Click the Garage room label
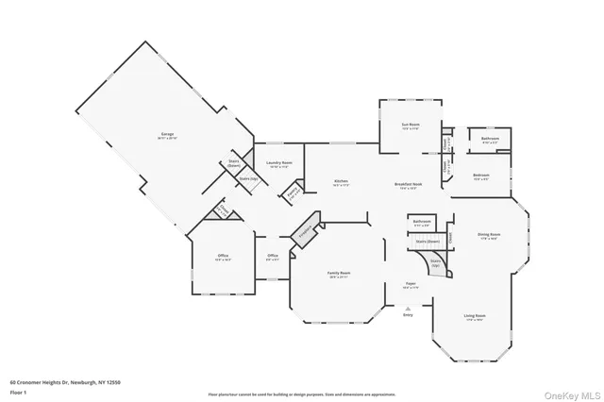click(x=166, y=137)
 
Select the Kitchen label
click(x=342, y=183)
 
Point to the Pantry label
click(x=293, y=195)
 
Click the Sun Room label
click(x=411, y=126)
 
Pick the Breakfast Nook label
click(x=408, y=186)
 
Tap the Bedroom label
click(x=480, y=176)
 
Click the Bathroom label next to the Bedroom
click(x=490, y=140)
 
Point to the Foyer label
click(x=411, y=284)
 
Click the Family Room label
click(x=339, y=274)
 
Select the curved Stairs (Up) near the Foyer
click(x=436, y=265)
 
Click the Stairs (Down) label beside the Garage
click(x=233, y=163)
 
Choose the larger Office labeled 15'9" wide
click(x=223, y=257)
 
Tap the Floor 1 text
click(x=19, y=390)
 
